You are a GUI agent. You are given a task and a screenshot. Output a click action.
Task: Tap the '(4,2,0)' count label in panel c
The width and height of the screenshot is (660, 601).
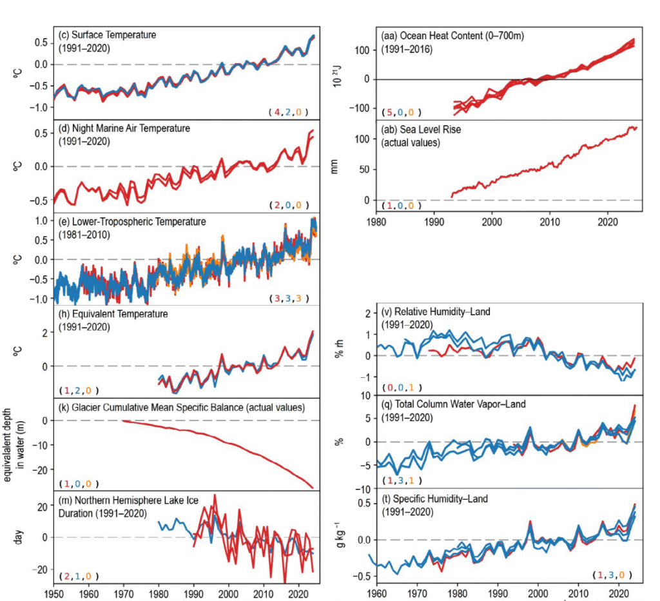(289, 112)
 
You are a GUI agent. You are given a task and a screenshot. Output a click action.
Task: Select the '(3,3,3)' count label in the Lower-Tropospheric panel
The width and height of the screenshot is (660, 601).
(289, 298)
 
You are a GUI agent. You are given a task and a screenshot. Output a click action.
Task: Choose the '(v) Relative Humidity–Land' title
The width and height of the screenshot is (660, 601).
(434, 312)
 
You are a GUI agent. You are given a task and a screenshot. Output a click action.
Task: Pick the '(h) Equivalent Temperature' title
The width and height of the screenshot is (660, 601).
(112, 314)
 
